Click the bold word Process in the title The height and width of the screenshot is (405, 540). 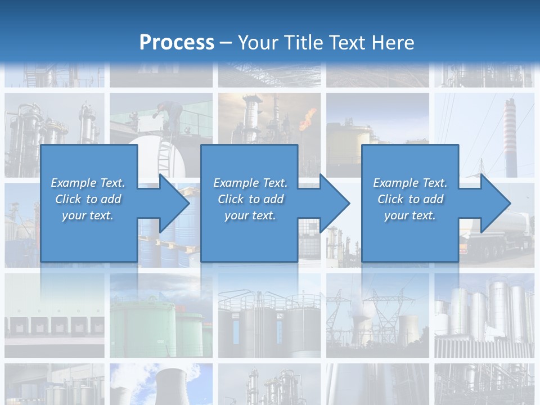coord(177,43)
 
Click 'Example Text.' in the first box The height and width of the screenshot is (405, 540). coord(88,183)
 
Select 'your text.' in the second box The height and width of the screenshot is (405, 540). coord(250,215)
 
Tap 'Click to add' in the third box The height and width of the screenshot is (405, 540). coord(410,199)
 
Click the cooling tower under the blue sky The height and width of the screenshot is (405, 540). coord(166,385)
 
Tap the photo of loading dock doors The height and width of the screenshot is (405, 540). coord(54,326)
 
